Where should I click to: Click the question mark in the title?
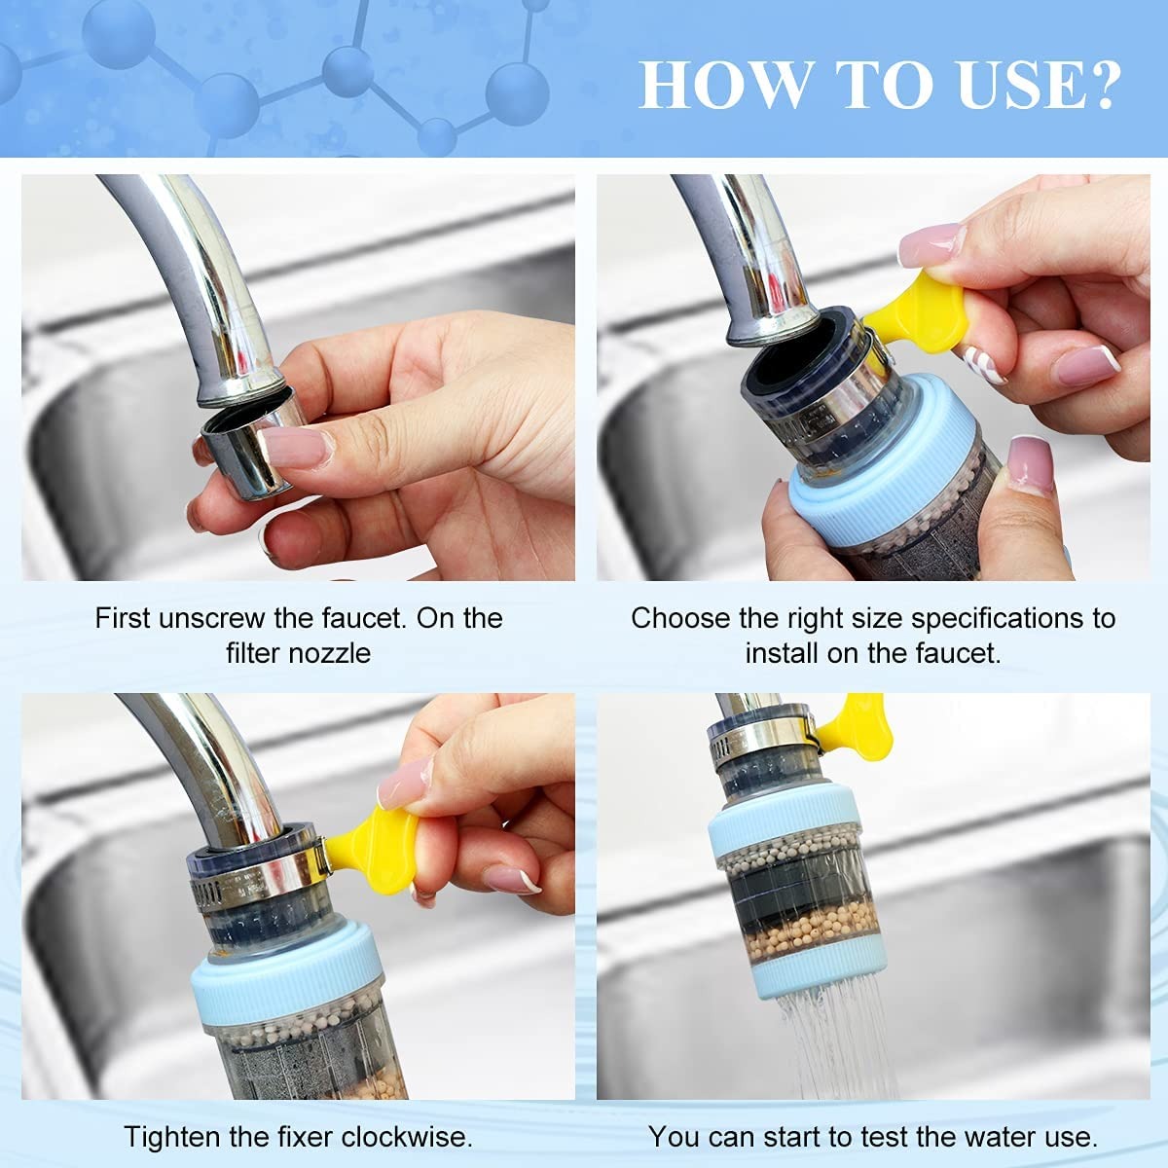tap(1098, 85)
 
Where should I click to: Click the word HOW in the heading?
tap(725, 85)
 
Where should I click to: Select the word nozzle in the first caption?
tap(329, 653)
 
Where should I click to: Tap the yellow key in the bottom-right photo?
tap(857, 727)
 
